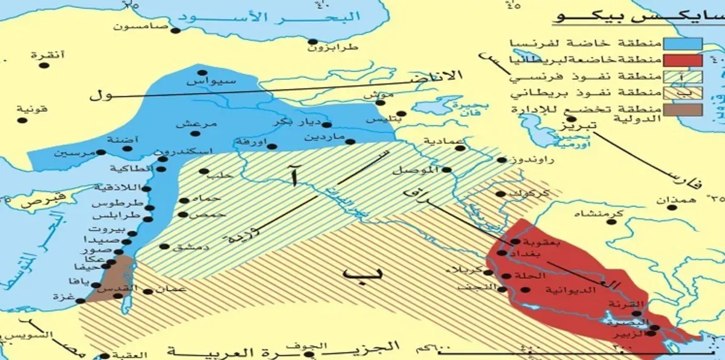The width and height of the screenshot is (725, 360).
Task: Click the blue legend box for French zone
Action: (683, 43)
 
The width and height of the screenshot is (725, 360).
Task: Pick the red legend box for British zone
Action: (683, 60)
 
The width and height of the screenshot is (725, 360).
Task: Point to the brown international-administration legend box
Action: (683, 109)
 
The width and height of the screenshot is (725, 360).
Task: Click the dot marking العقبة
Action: (106, 356)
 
